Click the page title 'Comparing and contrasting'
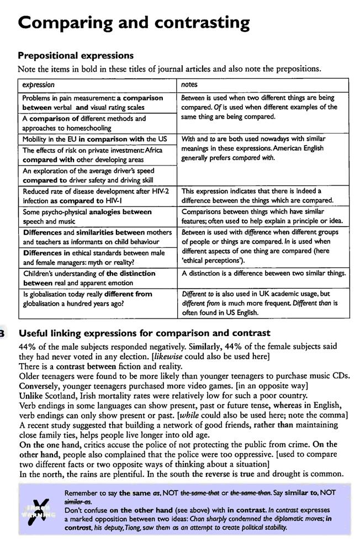pos(134,23)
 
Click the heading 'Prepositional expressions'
pos(76,56)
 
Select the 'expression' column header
pos(38,85)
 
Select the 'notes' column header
pos(191,85)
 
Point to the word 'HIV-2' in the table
pos(158,191)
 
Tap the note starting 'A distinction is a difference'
pos(264,273)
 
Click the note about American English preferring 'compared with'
pos(264,148)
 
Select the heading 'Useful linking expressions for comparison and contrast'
pos(145,333)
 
